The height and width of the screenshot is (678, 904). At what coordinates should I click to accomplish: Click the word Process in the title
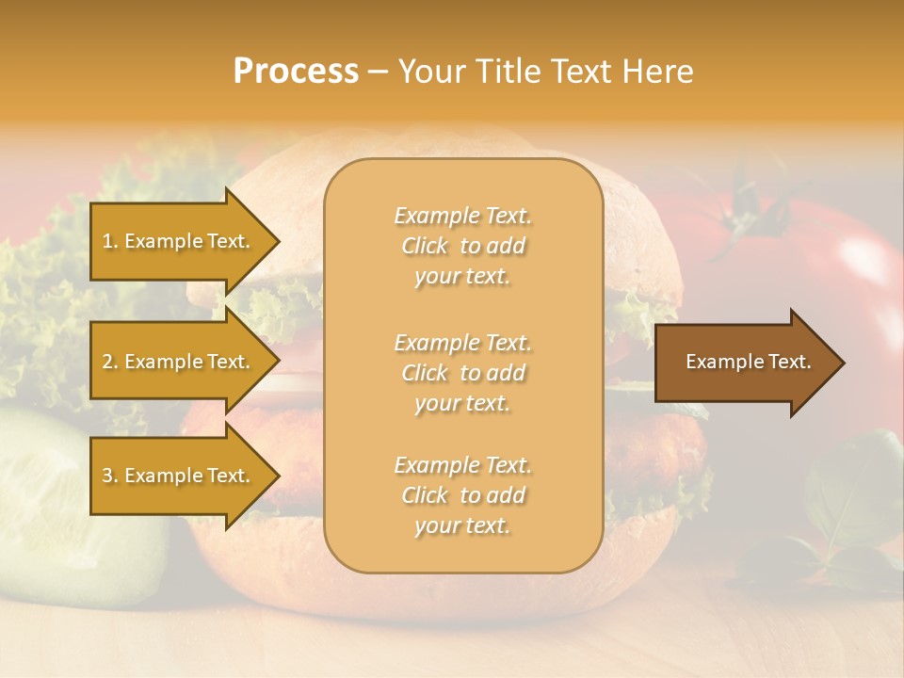[296, 72]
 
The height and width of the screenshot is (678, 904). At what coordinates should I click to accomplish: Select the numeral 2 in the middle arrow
[107, 362]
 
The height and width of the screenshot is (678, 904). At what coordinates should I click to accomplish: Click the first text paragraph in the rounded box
[462, 246]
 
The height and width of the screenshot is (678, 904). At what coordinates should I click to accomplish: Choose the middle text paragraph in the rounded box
[462, 373]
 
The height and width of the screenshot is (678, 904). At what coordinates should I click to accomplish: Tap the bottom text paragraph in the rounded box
[462, 495]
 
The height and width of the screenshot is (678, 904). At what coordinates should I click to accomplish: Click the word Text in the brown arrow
[791, 362]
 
